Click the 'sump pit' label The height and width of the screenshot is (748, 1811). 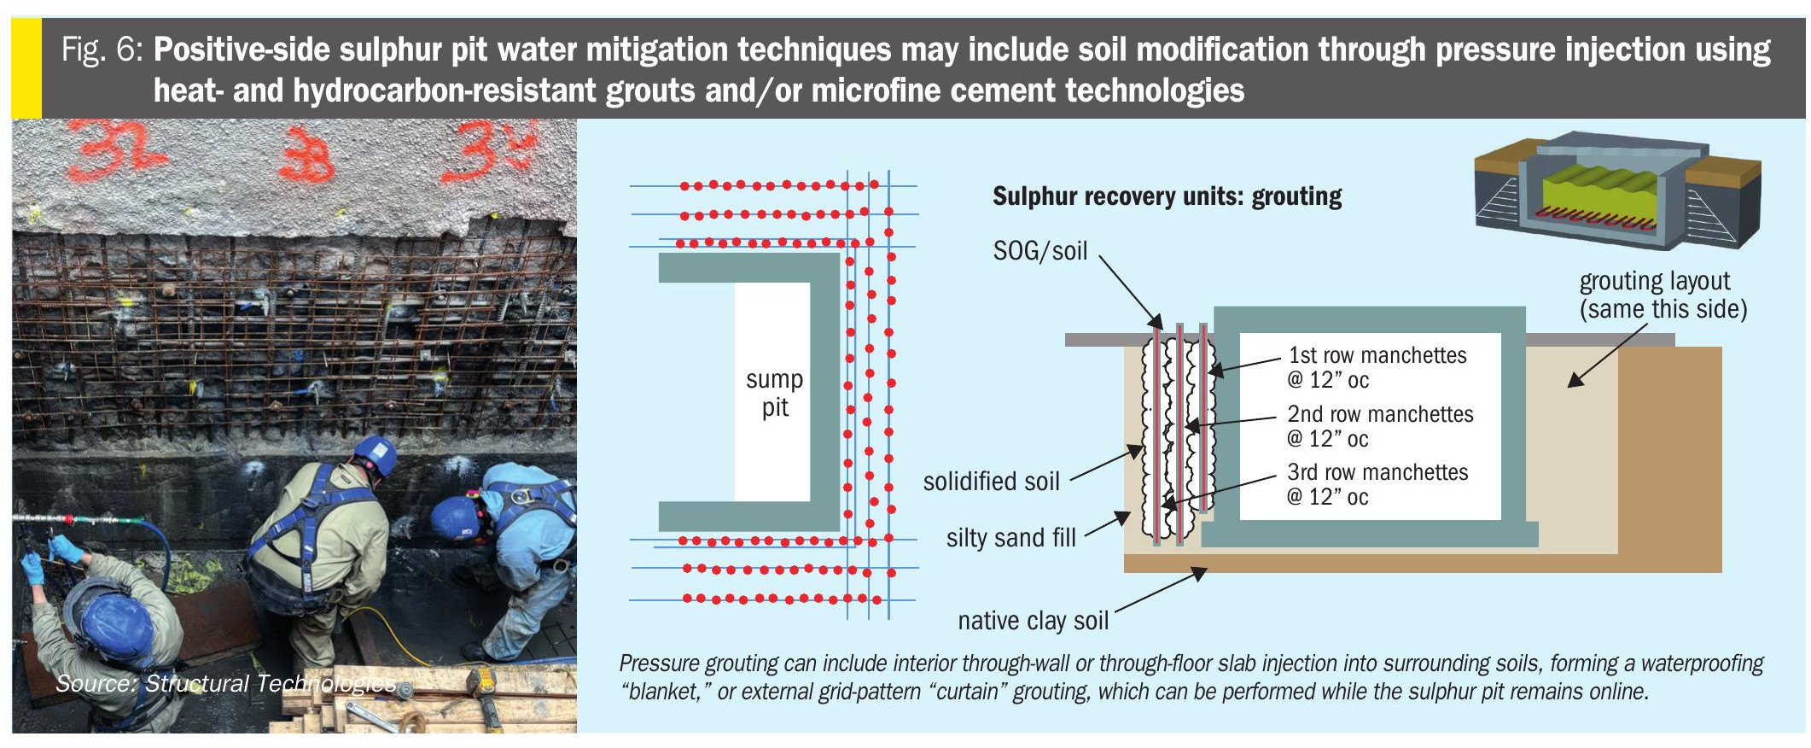point(774,393)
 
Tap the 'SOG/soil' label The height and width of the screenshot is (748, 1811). point(1040,251)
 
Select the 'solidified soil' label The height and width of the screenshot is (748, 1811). point(992,482)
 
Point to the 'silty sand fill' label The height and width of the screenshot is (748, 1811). point(1011,538)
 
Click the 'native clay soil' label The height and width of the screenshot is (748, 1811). point(1034,621)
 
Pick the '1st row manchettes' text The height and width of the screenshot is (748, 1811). point(1377,355)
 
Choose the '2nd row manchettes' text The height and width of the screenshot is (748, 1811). point(1380,414)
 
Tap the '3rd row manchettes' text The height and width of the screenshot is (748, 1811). point(1377,472)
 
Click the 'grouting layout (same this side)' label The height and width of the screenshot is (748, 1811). point(1663,295)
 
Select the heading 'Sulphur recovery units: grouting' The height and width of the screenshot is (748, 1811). point(1167,196)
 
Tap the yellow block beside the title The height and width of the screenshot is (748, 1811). point(26,67)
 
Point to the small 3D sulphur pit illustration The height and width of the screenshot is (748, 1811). point(1617,190)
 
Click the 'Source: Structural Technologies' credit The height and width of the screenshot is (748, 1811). point(225,683)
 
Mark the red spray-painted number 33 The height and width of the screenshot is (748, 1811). point(307,155)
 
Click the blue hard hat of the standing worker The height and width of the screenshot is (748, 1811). point(376,454)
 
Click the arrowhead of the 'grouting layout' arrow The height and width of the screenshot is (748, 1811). point(1575,380)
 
